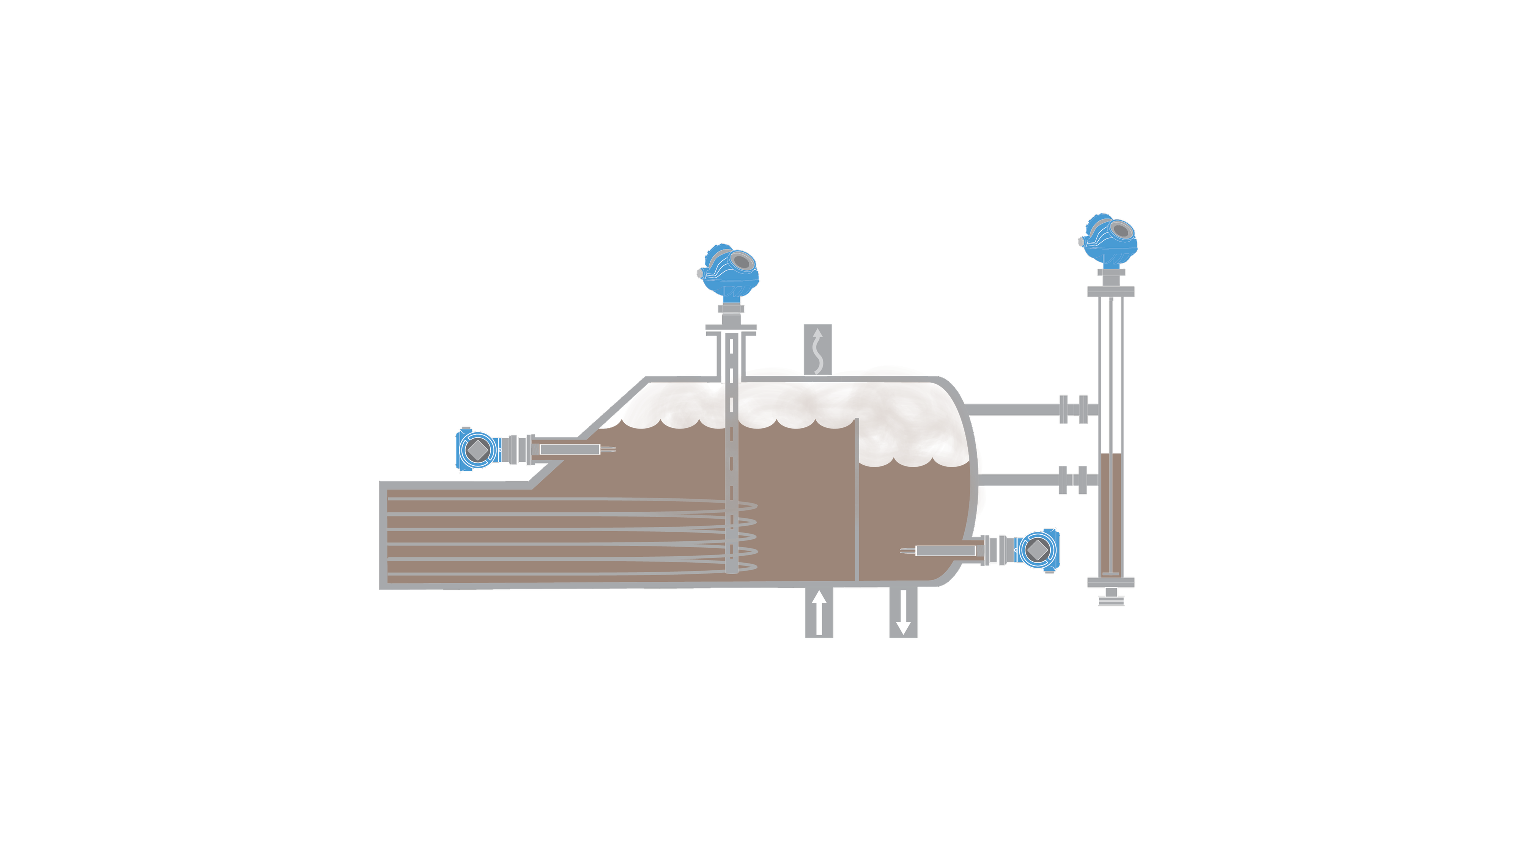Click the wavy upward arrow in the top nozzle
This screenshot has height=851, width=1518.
[x=818, y=350]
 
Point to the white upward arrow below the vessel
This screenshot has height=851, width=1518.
[x=819, y=612]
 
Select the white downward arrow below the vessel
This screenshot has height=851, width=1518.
[x=903, y=612]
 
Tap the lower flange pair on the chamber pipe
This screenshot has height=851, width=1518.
[x=1072, y=480]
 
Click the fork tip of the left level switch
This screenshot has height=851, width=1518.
[x=610, y=450]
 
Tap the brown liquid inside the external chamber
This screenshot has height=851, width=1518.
[x=1111, y=512]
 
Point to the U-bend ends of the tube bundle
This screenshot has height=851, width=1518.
[x=748, y=536]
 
